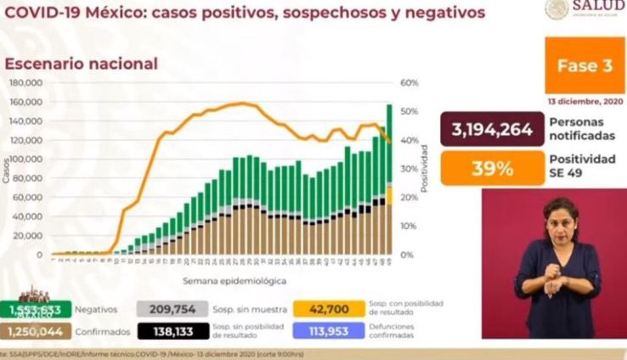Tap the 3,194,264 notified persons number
[486, 130]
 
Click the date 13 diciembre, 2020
[585, 102]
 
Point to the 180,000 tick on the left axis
[26, 83]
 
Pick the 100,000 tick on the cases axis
[26, 160]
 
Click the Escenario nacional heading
[82, 64]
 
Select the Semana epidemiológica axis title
[234, 279]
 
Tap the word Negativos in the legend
[95, 310]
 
